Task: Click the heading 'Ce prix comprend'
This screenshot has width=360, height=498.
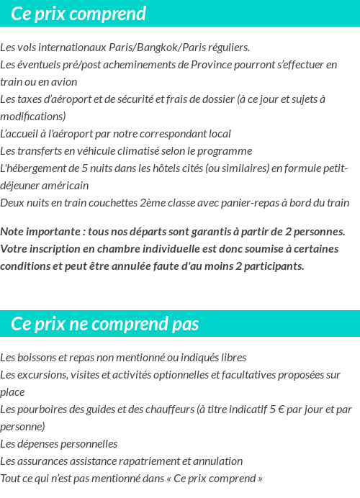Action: (x=78, y=14)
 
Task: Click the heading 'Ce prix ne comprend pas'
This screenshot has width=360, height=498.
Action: (x=104, y=324)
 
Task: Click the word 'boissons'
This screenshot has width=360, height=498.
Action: (x=35, y=358)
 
